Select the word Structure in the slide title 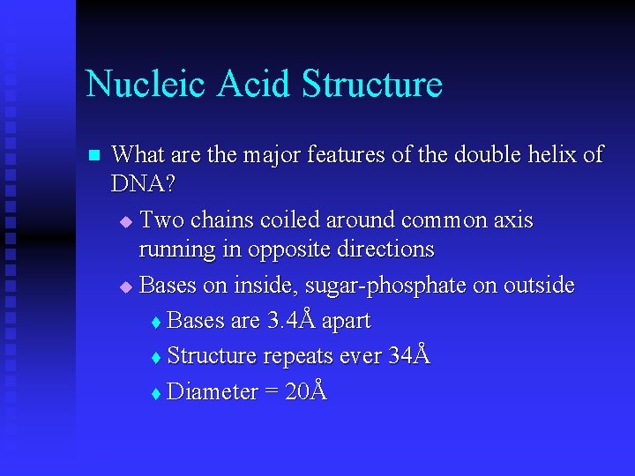point(371,85)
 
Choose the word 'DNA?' point(140,184)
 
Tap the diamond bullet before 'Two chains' point(125,220)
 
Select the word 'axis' point(512,219)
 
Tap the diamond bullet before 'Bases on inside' point(125,287)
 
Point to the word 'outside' point(538,286)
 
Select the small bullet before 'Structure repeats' point(156,358)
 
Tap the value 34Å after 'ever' point(409,355)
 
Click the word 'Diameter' point(212,391)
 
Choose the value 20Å point(305,390)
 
